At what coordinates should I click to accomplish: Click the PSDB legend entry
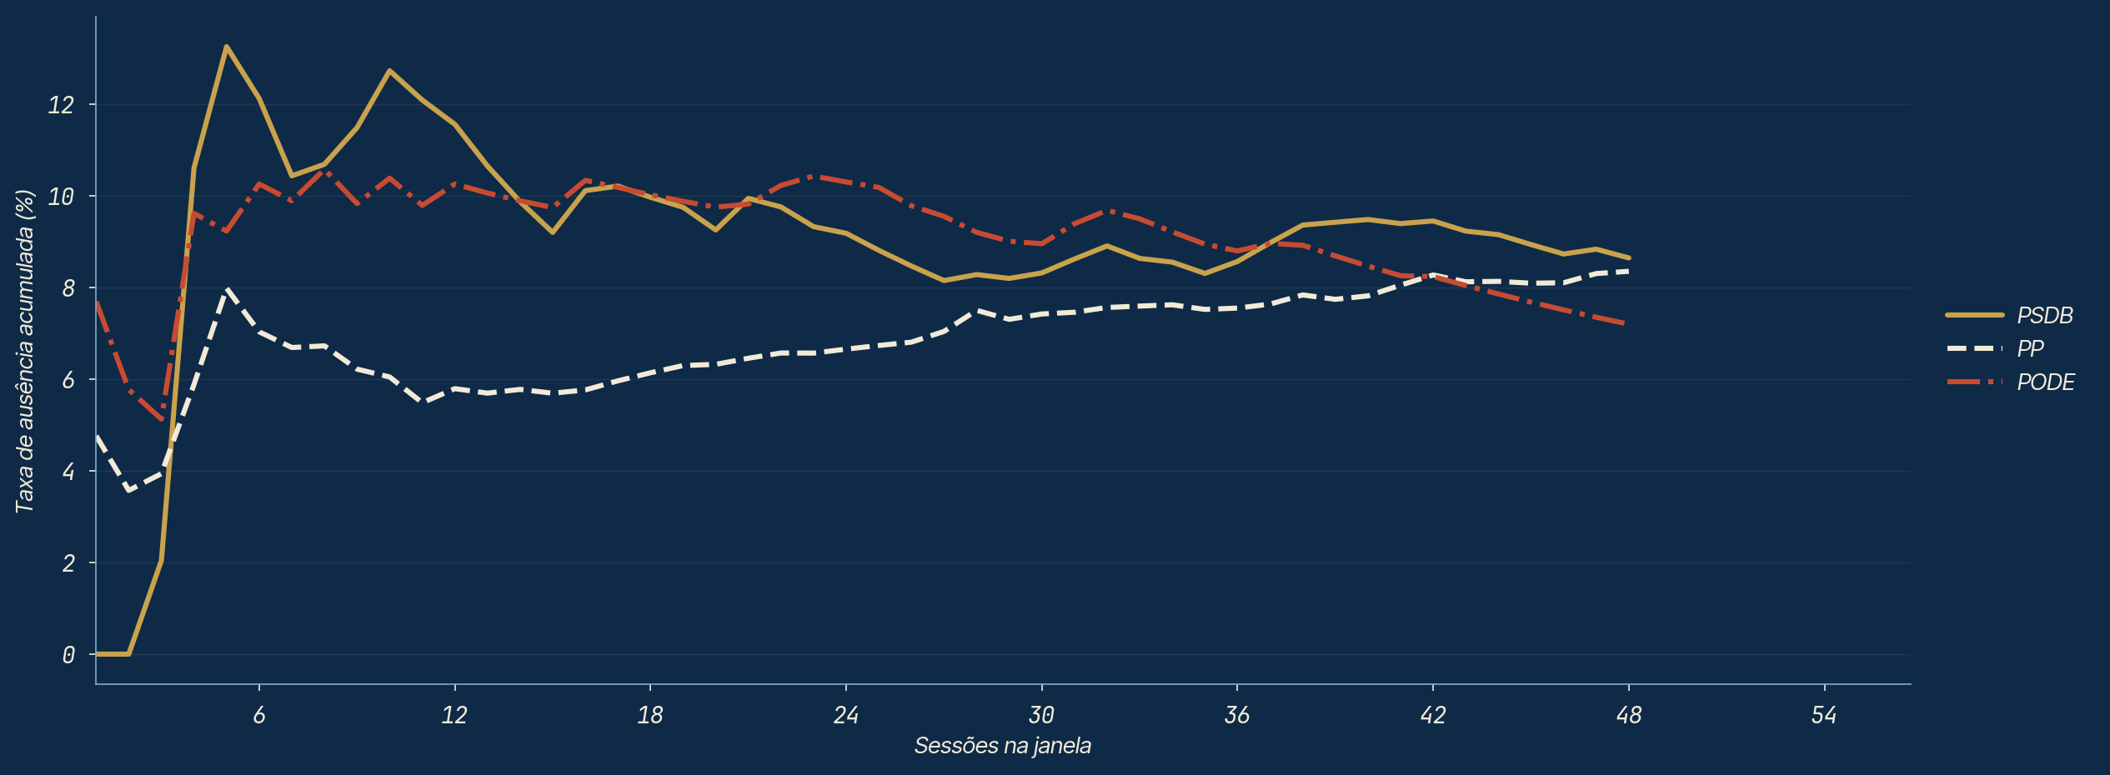click(2009, 316)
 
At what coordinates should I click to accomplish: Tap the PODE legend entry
click(2010, 382)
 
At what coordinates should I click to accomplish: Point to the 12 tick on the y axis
click(61, 105)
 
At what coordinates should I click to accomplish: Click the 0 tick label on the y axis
click(68, 655)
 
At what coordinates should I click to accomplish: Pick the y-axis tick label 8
click(68, 288)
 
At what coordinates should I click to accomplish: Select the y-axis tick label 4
click(68, 472)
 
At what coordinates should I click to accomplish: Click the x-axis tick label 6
click(259, 715)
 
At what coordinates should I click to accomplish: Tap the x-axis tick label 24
click(846, 715)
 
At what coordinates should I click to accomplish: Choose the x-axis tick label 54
click(1824, 715)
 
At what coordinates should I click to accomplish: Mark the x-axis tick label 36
click(1237, 715)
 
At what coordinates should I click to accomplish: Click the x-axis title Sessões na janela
click(1003, 745)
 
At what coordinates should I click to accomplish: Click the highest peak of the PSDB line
click(227, 47)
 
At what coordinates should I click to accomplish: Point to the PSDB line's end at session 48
click(1629, 257)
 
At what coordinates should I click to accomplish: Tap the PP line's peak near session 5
click(227, 290)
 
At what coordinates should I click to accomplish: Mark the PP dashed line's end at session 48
click(1629, 271)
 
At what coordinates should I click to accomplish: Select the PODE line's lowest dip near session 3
click(162, 419)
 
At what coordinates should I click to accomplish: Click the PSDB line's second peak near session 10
click(389, 71)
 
